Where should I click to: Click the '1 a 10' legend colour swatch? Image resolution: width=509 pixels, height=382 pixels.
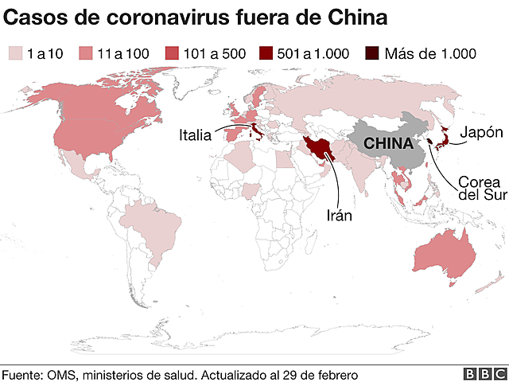[x=15, y=54]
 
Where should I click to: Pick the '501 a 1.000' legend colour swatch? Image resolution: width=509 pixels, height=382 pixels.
[x=266, y=54]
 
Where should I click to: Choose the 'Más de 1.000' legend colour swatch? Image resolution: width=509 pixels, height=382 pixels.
[x=371, y=54]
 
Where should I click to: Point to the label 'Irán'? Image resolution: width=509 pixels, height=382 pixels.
[x=339, y=214]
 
